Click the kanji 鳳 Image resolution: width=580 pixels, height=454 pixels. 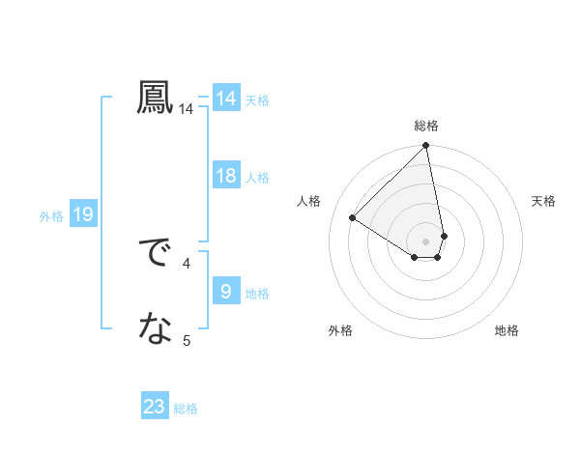(x=156, y=99)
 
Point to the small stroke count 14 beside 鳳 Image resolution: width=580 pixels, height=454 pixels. (x=186, y=110)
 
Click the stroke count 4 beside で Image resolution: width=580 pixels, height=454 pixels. (x=187, y=262)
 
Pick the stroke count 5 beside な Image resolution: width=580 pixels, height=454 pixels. (x=187, y=339)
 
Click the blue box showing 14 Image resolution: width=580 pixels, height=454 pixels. (x=226, y=99)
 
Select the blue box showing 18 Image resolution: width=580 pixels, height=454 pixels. (x=226, y=176)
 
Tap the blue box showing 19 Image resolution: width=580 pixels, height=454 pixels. (x=82, y=214)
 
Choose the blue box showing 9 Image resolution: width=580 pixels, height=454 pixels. (x=226, y=292)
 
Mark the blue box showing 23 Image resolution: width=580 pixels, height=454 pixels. (x=155, y=407)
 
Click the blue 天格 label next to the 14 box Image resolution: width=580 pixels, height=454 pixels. (x=257, y=99)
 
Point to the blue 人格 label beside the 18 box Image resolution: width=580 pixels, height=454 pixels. (x=257, y=177)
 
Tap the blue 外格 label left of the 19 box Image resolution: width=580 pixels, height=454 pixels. (x=51, y=216)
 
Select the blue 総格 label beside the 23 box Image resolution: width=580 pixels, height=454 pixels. (x=186, y=409)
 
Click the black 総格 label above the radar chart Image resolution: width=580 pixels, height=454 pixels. (x=426, y=126)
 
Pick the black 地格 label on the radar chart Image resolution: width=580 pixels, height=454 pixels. (x=507, y=330)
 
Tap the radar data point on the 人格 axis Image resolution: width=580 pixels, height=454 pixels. (x=353, y=217)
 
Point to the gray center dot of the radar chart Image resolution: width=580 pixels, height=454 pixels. (x=426, y=241)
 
